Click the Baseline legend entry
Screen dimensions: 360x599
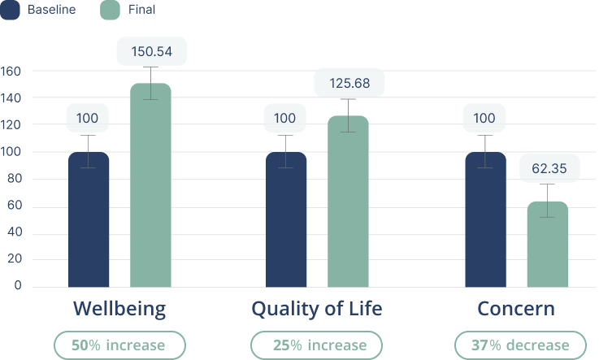[x=41, y=10]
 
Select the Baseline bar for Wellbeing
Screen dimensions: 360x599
[x=89, y=219]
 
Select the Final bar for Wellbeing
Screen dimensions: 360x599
[x=151, y=185]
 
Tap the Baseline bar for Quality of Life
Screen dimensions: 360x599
[x=286, y=219]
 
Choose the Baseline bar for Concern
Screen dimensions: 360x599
[x=485, y=219]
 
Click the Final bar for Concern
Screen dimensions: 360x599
[x=548, y=244]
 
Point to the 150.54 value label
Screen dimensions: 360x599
[x=151, y=52]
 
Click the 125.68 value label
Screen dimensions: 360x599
[x=349, y=83]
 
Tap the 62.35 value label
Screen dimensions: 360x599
[x=549, y=168]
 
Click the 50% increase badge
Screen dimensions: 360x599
[x=119, y=345]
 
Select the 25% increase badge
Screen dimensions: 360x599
[x=316, y=345]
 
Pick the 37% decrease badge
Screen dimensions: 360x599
[x=519, y=345]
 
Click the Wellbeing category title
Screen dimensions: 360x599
[x=119, y=309]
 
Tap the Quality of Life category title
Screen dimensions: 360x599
[x=316, y=309]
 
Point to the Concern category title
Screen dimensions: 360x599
[x=516, y=309]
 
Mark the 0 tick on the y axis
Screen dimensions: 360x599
[x=16, y=287]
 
